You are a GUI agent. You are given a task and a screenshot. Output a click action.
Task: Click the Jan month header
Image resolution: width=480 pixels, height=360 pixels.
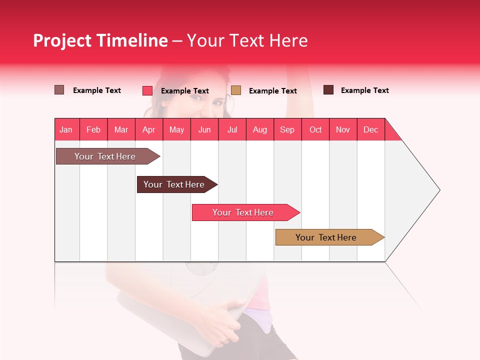[66, 129]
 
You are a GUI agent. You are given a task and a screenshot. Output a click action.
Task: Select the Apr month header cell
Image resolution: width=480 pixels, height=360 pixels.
[149, 129]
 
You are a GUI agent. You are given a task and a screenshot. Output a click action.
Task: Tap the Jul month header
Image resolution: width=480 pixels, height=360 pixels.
[232, 129]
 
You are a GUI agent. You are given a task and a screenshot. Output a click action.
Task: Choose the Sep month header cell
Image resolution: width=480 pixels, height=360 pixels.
[287, 129]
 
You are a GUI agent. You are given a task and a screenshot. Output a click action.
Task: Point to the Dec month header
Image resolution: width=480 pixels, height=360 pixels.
[370, 129]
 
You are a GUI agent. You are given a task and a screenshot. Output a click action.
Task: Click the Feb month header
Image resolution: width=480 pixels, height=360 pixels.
[93, 129]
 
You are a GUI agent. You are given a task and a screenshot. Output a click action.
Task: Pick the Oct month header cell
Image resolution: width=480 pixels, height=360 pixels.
[315, 129]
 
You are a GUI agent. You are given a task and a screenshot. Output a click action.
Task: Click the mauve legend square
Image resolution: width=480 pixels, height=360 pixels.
[59, 90]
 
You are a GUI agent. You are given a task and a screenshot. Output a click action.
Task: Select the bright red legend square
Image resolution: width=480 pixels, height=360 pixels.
[147, 90]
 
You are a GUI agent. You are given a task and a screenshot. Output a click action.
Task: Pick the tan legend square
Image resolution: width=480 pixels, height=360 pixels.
[236, 90]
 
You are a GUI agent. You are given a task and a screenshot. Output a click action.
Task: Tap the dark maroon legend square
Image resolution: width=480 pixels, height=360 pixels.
[328, 90]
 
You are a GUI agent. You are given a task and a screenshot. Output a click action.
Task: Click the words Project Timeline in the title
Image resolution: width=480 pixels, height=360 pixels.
[100, 40]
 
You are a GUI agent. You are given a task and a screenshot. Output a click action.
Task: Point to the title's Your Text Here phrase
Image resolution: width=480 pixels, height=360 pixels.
[247, 40]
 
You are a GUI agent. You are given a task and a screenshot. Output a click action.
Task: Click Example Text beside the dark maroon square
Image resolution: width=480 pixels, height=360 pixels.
[364, 90]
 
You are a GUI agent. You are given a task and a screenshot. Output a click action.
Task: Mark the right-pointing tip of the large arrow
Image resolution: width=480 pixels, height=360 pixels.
[439, 190]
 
